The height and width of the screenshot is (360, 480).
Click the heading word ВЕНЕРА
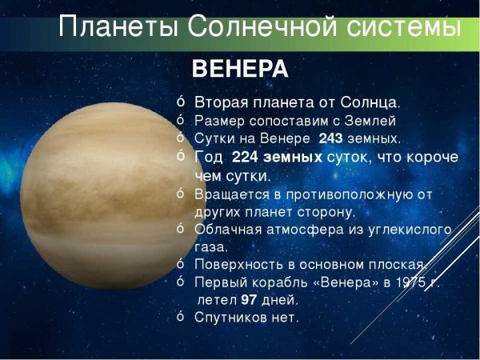(x=240, y=70)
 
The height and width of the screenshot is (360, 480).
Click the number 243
(x=330, y=138)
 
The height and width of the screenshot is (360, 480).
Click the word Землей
(x=370, y=121)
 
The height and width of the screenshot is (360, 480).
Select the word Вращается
(x=232, y=194)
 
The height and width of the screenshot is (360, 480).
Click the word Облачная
(x=227, y=230)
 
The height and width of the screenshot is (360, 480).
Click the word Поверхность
(x=238, y=265)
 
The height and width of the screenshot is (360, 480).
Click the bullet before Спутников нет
(x=181, y=316)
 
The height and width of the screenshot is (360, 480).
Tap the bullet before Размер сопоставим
(x=181, y=119)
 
